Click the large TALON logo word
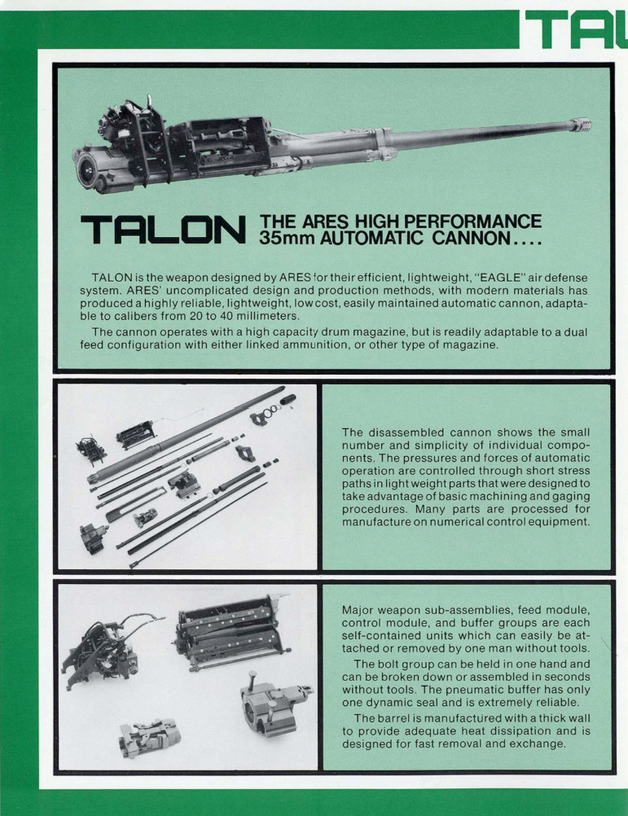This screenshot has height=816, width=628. (164, 230)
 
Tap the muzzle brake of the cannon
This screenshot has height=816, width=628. (581, 125)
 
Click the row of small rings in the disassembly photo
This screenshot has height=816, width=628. (271, 411)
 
